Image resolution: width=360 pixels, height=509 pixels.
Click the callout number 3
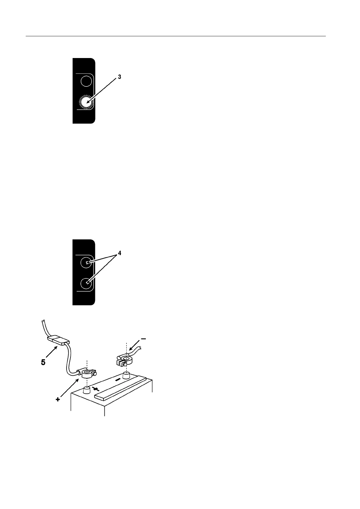click(119, 77)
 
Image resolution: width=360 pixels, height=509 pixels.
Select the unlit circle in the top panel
click(86, 81)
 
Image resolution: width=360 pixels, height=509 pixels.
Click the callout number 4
click(119, 253)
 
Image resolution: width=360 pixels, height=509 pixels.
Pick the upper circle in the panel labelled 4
click(86, 263)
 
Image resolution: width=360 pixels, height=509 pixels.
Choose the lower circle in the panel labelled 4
click(86, 283)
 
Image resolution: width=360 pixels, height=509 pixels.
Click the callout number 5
click(43, 362)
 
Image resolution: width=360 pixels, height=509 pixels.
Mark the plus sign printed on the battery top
click(96, 389)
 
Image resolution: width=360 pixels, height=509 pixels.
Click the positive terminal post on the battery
click(87, 390)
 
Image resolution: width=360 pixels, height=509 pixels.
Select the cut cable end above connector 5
click(44, 322)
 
